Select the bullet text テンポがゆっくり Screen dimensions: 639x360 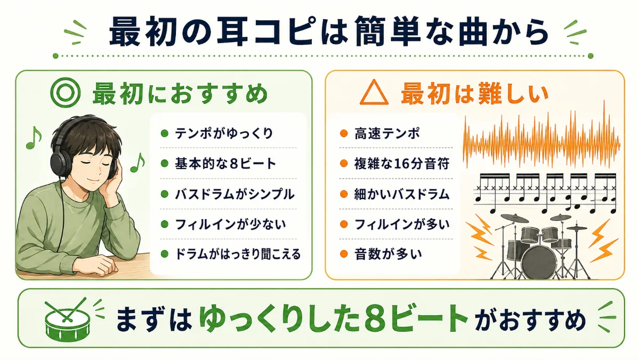(x=224, y=133)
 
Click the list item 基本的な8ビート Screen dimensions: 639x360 (x=225, y=164)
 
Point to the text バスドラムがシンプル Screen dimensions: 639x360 (x=234, y=194)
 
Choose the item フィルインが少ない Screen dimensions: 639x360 (x=230, y=224)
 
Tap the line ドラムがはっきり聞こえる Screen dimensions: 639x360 (x=238, y=254)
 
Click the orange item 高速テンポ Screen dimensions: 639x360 (x=387, y=133)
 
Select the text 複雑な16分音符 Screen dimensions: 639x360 (x=401, y=164)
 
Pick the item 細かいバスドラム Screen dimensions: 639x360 (x=401, y=194)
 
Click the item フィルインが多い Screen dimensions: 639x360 (x=401, y=224)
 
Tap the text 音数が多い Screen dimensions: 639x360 (x=387, y=254)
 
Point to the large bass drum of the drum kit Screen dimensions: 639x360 (x=539, y=261)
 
